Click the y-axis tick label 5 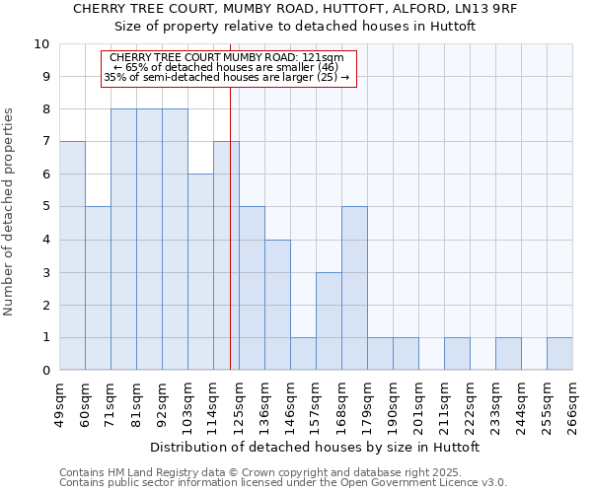click(45, 207)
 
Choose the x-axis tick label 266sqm click(572, 402)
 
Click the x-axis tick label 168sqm click(341, 402)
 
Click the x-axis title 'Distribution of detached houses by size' click(316, 447)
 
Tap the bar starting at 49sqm click(72, 255)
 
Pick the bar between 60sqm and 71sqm click(98, 288)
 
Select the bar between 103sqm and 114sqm click(200, 272)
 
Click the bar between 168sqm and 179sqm click(354, 288)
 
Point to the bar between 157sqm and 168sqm click(329, 320)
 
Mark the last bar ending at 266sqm click(559, 353)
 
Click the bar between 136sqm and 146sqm click(277, 305)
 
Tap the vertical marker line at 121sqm click(230, 227)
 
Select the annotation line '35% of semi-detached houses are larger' click(227, 77)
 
